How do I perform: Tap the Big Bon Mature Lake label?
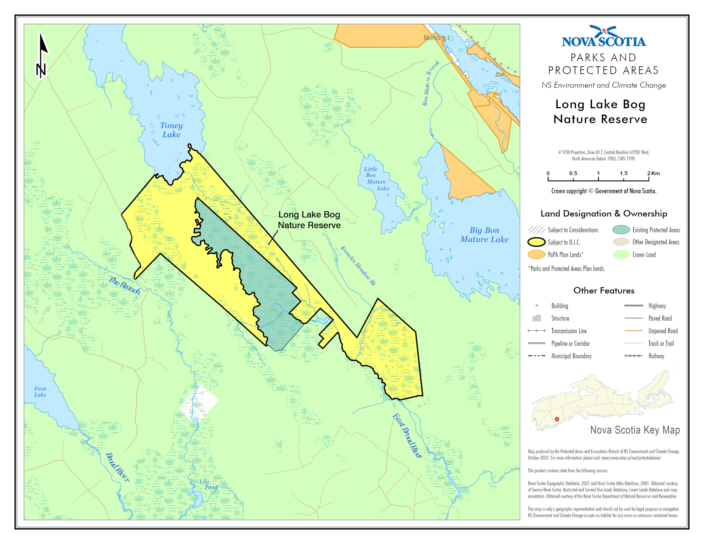coord(484,235)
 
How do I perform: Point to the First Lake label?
coord(40,391)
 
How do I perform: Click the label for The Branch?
coord(124,285)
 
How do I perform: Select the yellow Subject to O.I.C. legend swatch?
coord(536,242)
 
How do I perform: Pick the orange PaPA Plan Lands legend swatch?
coord(536,254)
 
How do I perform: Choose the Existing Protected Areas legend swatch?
coord(621,230)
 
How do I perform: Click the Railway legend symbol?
coord(633,356)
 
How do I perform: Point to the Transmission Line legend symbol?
coord(536,331)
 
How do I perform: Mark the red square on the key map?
coord(557,419)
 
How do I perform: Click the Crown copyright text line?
coord(604,191)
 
